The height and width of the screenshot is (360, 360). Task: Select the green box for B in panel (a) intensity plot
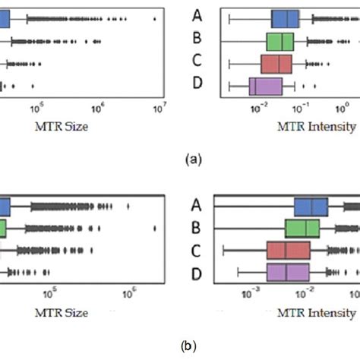[279, 41]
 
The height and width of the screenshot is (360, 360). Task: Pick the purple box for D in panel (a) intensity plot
[266, 87]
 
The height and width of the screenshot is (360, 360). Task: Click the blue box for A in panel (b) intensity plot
[311, 207]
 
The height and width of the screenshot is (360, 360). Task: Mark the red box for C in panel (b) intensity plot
[289, 251]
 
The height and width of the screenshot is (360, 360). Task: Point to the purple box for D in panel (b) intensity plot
[288, 273]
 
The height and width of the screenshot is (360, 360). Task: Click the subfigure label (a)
[193, 159]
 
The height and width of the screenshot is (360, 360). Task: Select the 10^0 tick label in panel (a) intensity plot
[340, 111]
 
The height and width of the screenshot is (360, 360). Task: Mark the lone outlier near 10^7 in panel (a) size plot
[156, 18]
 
